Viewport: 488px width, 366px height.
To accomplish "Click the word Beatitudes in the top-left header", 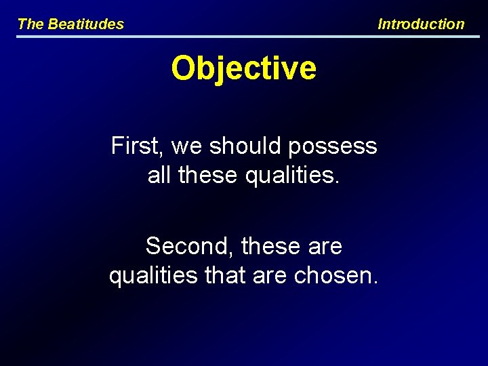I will tap(86, 24).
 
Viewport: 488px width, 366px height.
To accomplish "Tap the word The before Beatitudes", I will tap(30, 24).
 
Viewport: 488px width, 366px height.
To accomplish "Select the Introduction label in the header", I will tap(421, 24).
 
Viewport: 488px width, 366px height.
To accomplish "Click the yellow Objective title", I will tap(244, 68).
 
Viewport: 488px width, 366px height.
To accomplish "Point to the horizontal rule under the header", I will tap(244, 37).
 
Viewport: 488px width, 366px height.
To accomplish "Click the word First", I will tap(138, 146).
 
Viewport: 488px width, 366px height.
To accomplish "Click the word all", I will tap(159, 176).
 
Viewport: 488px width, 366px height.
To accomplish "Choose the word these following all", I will tap(208, 176).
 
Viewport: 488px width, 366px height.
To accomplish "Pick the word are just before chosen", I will tap(266, 277).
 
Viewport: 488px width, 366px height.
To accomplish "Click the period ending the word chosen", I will tap(375, 283).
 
